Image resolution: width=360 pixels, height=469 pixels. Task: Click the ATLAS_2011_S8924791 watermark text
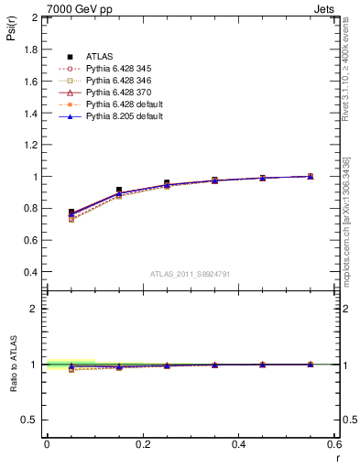(x=191, y=274)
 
